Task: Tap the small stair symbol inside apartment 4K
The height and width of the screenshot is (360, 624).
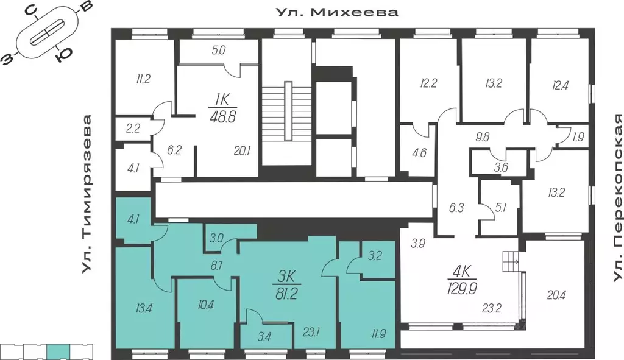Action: click(509, 263)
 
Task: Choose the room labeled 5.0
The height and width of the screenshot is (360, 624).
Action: click(218, 51)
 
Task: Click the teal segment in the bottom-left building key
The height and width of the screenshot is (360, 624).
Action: click(58, 350)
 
